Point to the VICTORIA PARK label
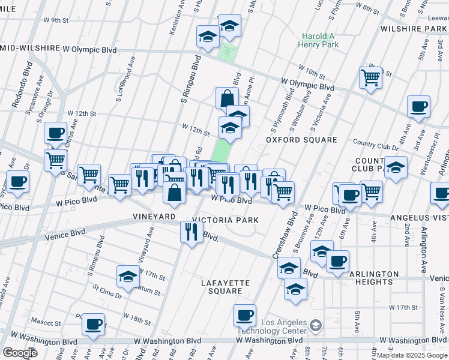click(x=226, y=220)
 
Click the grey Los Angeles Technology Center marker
click(x=315, y=326)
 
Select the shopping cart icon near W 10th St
click(x=370, y=77)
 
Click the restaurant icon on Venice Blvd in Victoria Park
click(x=191, y=232)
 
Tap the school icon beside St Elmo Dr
click(x=128, y=276)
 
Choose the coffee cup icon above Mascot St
click(x=93, y=324)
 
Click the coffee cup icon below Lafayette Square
click(x=244, y=315)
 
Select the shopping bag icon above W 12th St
click(x=228, y=98)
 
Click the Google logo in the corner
click(x=20, y=353)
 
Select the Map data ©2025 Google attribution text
click(x=412, y=355)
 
